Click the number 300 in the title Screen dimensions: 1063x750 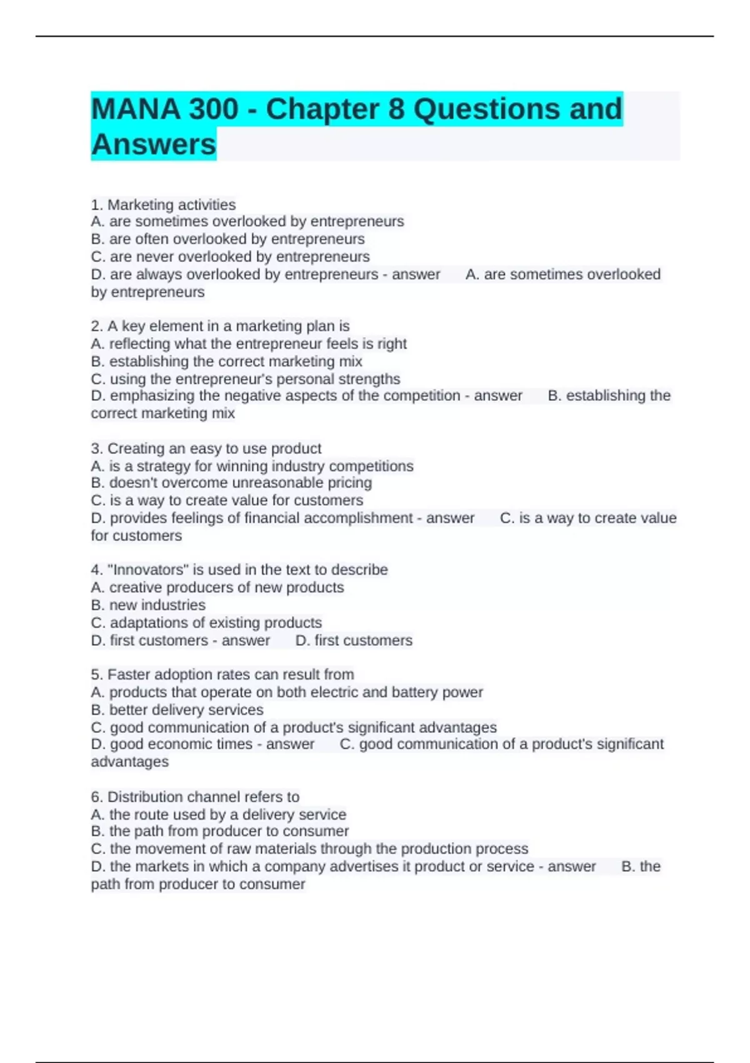tap(213, 109)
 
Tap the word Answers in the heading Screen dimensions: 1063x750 tap(154, 144)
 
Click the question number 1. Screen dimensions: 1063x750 tap(96, 204)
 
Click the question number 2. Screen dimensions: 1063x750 tap(96, 326)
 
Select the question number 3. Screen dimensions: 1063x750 tap(96, 448)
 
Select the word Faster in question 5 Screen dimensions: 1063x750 tap(129, 675)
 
